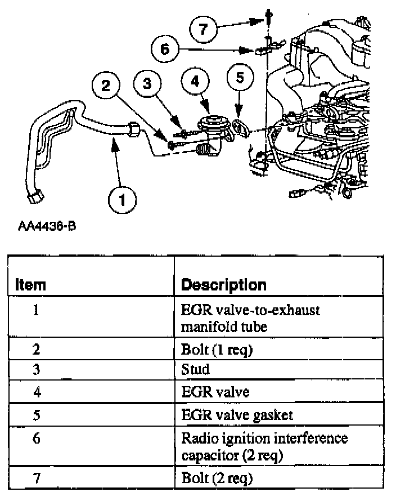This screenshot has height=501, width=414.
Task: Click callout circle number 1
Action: [121, 199]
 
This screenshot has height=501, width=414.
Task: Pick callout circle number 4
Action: [195, 82]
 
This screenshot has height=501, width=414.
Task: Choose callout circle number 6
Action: [165, 49]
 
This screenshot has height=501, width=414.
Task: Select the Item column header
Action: [30, 285]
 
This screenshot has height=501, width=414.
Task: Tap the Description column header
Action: [224, 285]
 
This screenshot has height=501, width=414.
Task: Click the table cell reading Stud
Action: [195, 369]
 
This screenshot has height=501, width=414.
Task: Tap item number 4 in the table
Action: [36, 391]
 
